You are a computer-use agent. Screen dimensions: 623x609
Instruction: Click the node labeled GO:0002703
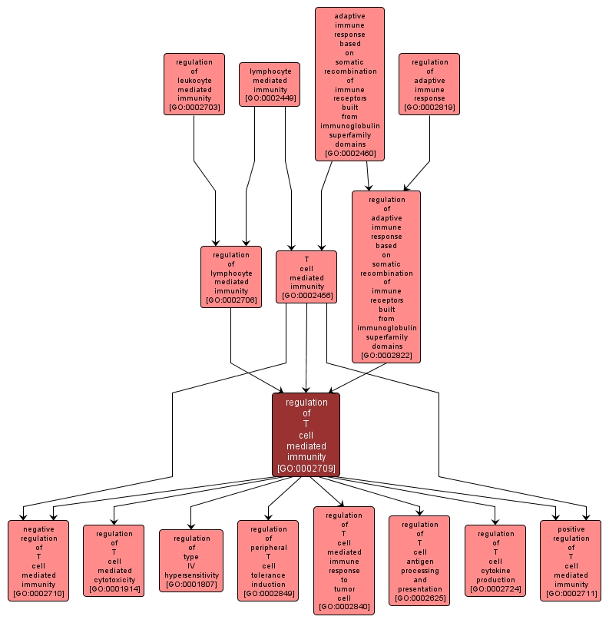pos(194,85)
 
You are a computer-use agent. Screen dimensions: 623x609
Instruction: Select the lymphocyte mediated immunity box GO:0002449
pos(270,85)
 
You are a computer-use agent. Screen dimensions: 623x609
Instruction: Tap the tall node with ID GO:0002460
pos(349,84)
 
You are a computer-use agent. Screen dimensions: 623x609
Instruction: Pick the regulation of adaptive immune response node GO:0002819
pos(429,85)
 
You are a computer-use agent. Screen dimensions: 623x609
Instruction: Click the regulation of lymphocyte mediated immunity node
pos(231,277)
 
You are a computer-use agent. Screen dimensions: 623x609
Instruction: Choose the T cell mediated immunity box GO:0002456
pos(306,277)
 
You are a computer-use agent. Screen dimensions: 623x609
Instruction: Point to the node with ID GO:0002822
pos(386,277)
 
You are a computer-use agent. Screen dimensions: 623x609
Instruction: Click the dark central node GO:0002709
pos(306,435)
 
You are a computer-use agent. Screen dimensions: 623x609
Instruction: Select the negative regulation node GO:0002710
pos(38,561)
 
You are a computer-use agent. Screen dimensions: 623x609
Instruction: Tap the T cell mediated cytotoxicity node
pos(114,561)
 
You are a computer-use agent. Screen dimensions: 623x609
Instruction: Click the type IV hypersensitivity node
pos(191,561)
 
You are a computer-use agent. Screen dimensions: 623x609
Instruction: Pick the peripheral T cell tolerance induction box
pos(268,561)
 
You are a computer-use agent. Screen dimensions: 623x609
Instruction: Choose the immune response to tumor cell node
pos(344,561)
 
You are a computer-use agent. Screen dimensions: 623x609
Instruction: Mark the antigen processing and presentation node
pos(419,561)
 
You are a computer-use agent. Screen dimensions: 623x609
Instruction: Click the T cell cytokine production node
pos(495,561)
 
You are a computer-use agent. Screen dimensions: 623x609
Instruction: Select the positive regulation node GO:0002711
pos(571,561)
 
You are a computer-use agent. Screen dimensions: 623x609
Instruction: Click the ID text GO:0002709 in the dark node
pos(306,468)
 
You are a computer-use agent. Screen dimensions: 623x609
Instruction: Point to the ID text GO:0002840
pos(344,607)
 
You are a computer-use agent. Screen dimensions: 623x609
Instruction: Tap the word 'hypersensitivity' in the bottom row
pos(191,575)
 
